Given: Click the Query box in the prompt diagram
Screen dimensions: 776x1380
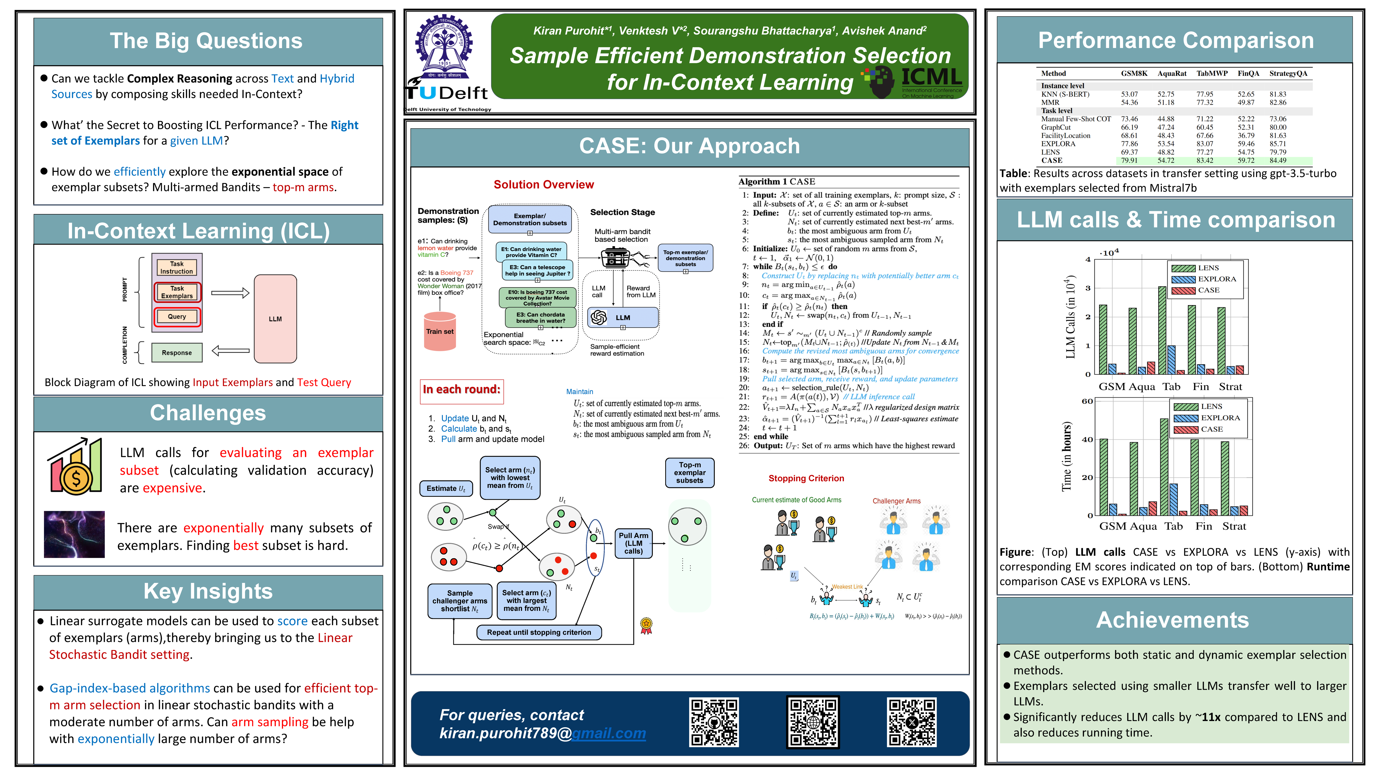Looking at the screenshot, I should click(177, 317).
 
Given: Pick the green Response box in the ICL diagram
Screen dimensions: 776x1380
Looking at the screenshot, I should click(177, 352).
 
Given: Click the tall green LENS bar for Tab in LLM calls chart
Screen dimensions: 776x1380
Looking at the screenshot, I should click(1162, 329).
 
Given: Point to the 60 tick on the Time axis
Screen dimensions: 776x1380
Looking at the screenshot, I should click(1087, 401).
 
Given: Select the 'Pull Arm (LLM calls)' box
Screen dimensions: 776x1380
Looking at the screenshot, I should click(633, 543).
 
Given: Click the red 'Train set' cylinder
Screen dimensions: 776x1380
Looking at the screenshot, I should click(440, 332).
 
